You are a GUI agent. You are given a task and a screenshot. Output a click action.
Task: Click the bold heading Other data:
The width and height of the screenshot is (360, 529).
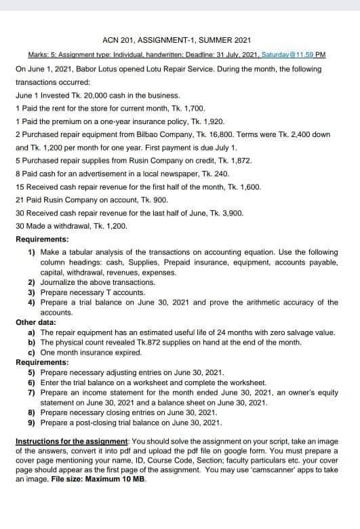coord(35,322)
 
